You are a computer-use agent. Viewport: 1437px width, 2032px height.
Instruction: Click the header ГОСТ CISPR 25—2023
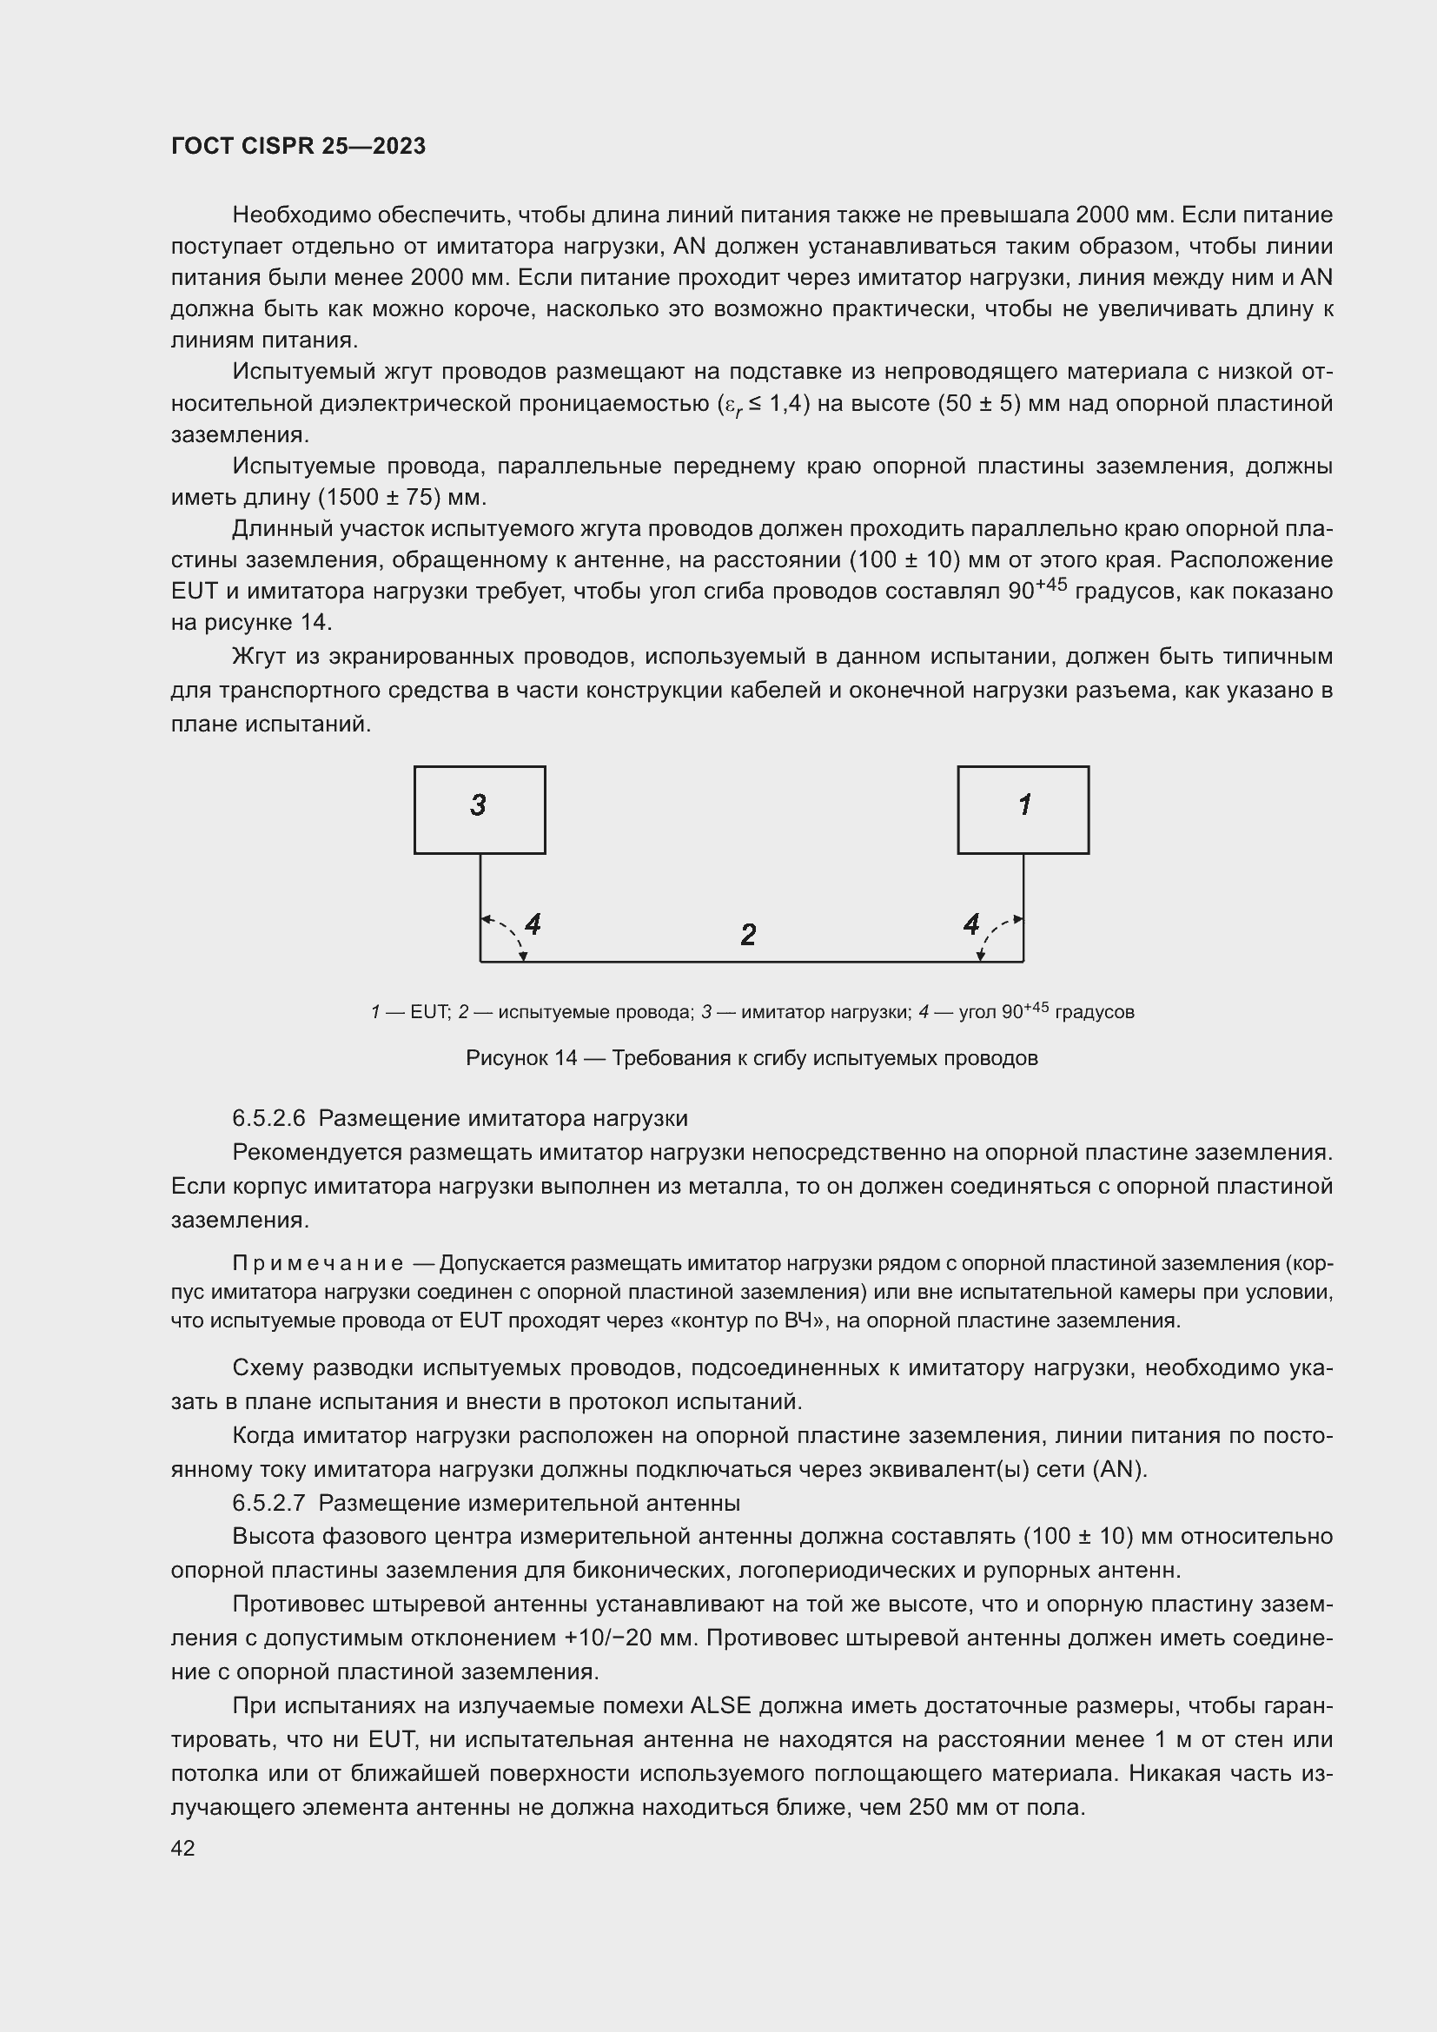(x=298, y=146)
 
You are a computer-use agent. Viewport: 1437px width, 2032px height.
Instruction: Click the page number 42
(x=182, y=1848)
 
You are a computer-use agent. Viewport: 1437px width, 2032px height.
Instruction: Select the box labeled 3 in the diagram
(x=480, y=809)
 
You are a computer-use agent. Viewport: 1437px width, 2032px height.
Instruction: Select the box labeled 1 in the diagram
(x=1023, y=809)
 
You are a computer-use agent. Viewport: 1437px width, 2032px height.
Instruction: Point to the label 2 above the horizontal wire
(x=748, y=935)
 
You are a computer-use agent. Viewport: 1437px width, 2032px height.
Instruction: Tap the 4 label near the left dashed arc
(x=533, y=925)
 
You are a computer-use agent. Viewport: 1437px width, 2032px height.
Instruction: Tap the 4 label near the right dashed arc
(x=971, y=925)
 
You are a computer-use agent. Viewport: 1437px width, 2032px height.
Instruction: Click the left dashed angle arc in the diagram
(x=512, y=933)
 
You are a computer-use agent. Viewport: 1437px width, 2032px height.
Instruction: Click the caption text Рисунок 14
(x=520, y=1058)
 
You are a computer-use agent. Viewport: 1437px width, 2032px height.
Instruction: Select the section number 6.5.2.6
(x=268, y=1119)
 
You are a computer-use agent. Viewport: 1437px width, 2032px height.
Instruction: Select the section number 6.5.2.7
(x=268, y=1503)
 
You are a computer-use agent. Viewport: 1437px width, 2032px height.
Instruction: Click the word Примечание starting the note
(x=318, y=1263)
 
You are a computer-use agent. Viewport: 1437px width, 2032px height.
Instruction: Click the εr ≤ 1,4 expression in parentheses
(x=762, y=405)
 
